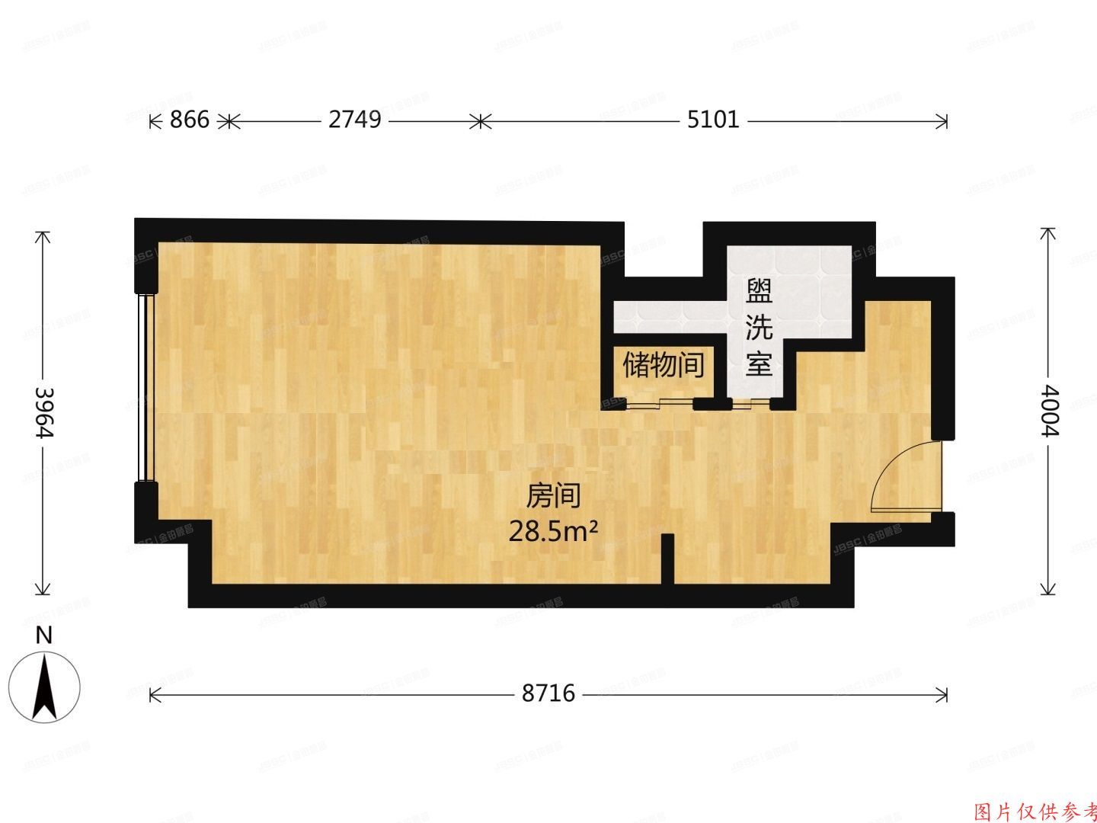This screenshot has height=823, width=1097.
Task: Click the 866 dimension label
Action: coord(189,120)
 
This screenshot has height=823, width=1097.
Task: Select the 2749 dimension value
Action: coord(355,120)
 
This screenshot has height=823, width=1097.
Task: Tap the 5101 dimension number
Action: coord(712,120)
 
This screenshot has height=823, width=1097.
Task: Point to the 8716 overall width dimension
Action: coord(548,694)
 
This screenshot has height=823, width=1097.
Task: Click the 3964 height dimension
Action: coord(44,411)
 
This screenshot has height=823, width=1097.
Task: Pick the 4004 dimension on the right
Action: coord(1049,411)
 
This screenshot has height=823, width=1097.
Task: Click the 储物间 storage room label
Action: coord(663,365)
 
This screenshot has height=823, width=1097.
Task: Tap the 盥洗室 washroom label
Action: coord(759,328)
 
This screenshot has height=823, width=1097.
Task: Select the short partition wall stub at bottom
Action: coord(667,560)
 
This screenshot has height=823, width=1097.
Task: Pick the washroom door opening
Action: coord(748,403)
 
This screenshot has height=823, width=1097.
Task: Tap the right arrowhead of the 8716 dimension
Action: coord(944,694)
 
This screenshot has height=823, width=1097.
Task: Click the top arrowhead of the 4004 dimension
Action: coord(1049,232)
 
